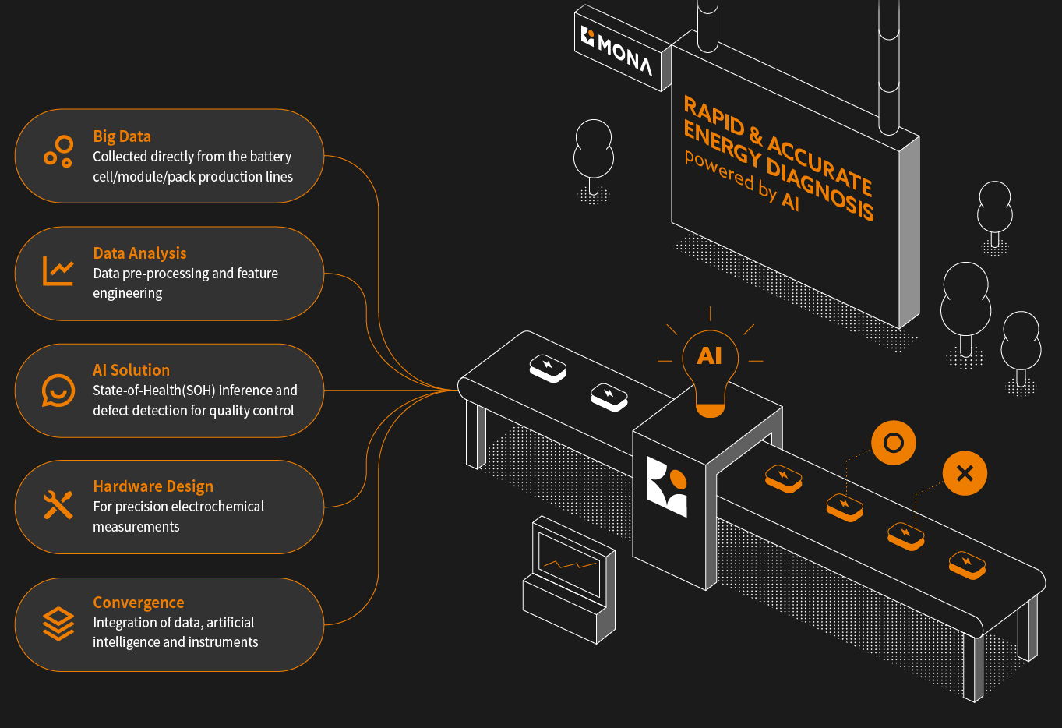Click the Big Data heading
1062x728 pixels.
tap(122, 136)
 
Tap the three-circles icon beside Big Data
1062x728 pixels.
tap(58, 151)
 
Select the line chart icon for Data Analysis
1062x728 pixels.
tap(58, 270)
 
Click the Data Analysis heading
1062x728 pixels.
tap(139, 253)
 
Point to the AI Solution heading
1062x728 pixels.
tap(131, 370)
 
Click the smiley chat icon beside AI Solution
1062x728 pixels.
tap(58, 391)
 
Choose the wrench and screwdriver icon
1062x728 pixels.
tap(58, 505)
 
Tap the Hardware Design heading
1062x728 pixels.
tap(153, 486)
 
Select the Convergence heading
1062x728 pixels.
tap(139, 603)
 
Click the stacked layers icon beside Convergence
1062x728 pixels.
tap(58, 624)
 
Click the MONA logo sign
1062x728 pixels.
tap(621, 49)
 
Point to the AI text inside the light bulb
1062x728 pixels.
tap(709, 356)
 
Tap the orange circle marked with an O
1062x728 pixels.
tap(893, 444)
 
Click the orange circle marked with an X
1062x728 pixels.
tap(965, 473)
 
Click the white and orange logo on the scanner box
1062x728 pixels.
tap(667, 486)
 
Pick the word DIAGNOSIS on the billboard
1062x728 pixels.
tap(820, 187)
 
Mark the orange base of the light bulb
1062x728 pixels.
tap(710, 410)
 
